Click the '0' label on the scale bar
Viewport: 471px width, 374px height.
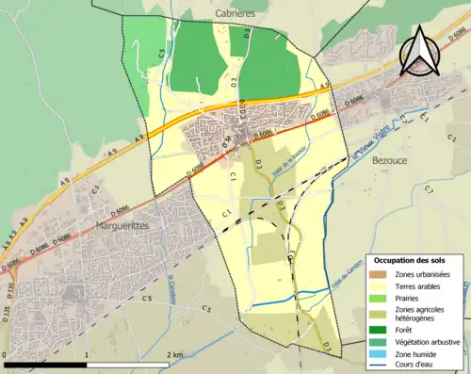click(6, 355)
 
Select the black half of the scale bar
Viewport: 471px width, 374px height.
click(46, 365)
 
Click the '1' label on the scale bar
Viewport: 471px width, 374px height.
click(87, 355)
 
